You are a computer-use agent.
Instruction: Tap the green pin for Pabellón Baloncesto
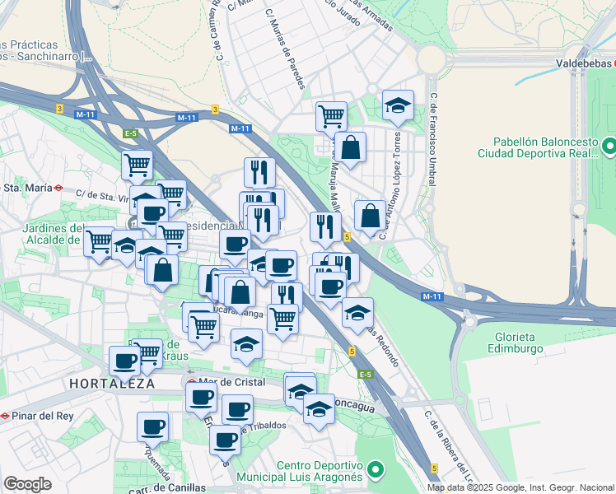[609, 146]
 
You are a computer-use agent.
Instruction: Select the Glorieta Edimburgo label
[528, 343]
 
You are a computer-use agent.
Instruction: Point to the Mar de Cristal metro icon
[191, 382]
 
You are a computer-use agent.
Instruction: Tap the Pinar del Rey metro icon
[7, 416]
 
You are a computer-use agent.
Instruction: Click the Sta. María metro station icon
[58, 187]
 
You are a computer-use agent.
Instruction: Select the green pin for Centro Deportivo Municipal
[376, 470]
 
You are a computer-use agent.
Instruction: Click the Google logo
[27, 483]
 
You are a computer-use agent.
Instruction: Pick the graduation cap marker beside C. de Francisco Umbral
[397, 105]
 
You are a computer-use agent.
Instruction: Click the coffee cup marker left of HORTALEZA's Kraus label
[125, 360]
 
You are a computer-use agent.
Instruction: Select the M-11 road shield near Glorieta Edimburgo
[432, 296]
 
